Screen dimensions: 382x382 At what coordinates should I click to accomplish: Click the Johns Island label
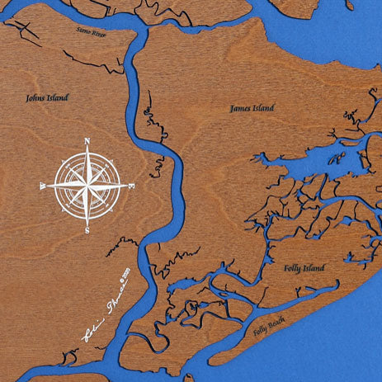[47, 97]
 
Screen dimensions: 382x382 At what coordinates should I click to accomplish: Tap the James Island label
[252, 108]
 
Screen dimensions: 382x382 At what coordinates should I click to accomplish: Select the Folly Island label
[304, 268]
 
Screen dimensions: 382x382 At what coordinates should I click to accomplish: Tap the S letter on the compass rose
[87, 231]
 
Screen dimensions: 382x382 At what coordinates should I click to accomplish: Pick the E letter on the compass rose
[132, 186]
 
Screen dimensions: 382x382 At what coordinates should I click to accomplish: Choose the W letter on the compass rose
[43, 187]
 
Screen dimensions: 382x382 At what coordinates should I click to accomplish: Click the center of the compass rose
[87, 186]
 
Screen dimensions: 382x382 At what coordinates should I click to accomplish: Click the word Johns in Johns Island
[37, 97]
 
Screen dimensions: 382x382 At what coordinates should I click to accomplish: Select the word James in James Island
[241, 108]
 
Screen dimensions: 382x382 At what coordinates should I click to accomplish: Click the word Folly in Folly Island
[293, 268]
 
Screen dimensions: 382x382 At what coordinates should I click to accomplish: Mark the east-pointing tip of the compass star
[126, 186]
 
